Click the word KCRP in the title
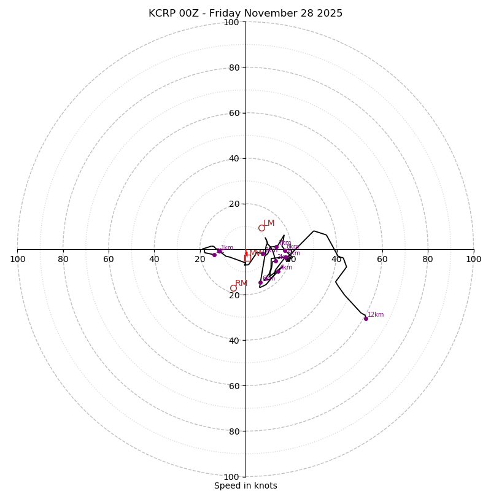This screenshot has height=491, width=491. coord(163,14)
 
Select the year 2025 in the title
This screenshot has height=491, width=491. coord(329,14)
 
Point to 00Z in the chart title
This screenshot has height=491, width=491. coord(197,14)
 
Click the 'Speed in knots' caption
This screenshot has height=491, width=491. coord(245,485)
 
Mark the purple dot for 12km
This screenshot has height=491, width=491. coord(366,319)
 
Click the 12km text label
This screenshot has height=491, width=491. coord(376,315)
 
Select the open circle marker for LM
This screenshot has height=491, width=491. coord(261,228)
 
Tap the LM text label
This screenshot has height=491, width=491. coord(269,223)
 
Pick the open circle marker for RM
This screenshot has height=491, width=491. coord(233,288)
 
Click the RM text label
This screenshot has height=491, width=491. coord(241,283)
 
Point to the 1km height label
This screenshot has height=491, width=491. coord(227,248)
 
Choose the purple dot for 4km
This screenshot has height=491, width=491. coord(278,271)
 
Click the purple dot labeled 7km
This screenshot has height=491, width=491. coord(276,247)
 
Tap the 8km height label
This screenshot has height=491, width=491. coord(293,247)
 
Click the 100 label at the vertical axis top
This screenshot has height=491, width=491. coord(231,22)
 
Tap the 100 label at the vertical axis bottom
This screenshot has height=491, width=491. coord(231,477)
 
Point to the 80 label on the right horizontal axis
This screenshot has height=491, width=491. coord(428,259)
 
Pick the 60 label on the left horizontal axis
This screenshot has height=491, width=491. coord(109,259)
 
